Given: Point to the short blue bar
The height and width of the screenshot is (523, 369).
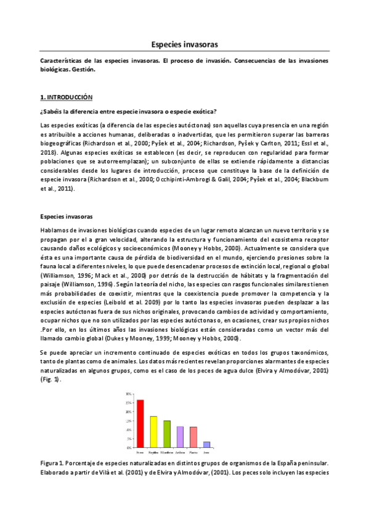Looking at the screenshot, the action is tap(206, 444).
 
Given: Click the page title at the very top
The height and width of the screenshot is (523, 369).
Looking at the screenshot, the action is tap(184, 44).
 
